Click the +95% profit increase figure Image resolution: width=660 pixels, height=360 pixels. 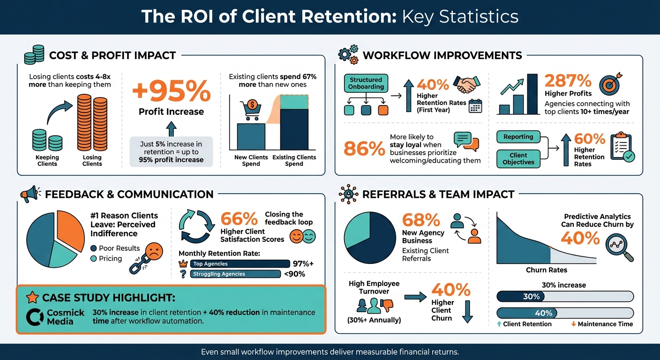[171, 91]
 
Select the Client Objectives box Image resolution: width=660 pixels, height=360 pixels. [518, 158]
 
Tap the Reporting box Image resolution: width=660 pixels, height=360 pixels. [518, 137]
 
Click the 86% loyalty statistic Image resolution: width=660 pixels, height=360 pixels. [364, 149]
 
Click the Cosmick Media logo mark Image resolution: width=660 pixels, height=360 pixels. [35, 317]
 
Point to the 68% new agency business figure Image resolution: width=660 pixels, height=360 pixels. [421, 220]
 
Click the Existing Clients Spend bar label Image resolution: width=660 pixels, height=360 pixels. [294, 160]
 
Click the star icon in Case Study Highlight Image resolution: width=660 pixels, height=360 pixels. [32, 298]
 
